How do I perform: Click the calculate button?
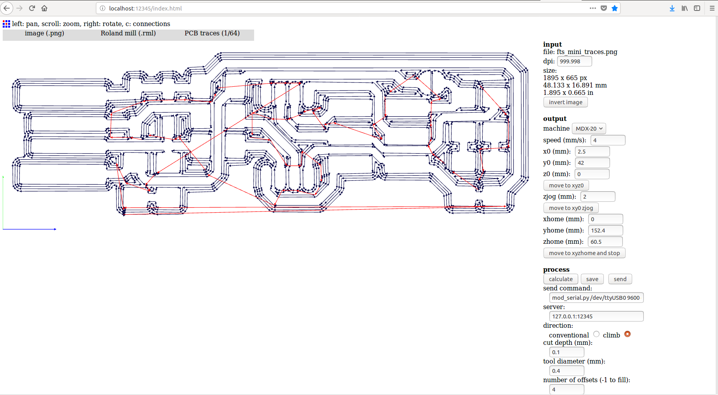click(x=561, y=279)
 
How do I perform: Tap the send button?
click(x=620, y=279)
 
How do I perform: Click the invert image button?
click(x=565, y=102)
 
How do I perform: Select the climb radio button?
click(x=627, y=334)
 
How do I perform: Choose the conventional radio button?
click(x=596, y=334)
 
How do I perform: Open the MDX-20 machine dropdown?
click(x=589, y=129)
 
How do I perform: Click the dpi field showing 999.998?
click(x=575, y=61)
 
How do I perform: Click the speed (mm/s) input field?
click(x=608, y=140)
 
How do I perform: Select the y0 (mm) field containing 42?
click(x=592, y=163)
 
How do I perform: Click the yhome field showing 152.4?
click(x=605, y=231)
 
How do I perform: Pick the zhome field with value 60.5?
click(x=605, y=242)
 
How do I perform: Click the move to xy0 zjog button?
click(x=571, y=208)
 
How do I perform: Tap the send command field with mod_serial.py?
click(x=596, y=298)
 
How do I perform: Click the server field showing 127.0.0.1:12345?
click(x=596, y=316)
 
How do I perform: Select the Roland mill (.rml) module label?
click(x=128, y=33)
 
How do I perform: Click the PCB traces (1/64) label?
click(x=212, y=33)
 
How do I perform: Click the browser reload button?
click(x=32, y=8)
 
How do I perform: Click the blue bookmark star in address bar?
click(x=615, y=8)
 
